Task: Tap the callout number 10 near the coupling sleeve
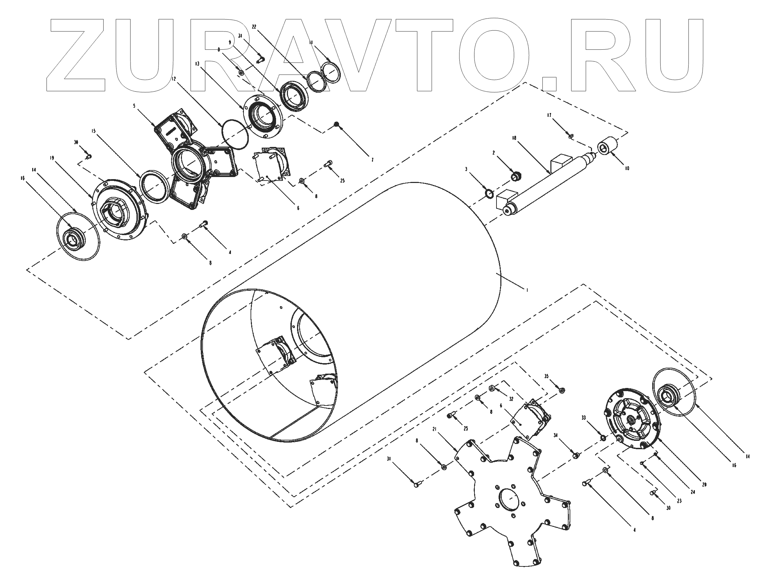627,168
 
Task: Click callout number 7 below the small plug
372,160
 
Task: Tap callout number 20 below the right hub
704,485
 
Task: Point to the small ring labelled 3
489,193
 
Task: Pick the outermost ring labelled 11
332,72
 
